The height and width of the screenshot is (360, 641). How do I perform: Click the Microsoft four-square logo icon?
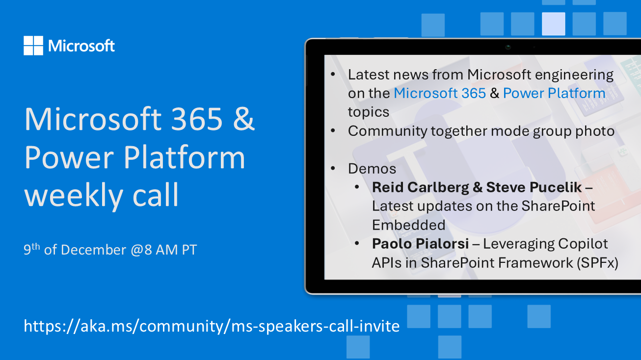33,46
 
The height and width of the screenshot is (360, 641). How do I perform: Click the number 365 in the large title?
197,119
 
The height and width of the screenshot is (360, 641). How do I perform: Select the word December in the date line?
93,250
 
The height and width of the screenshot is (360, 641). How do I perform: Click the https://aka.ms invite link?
212,326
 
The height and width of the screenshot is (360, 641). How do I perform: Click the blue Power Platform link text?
554,93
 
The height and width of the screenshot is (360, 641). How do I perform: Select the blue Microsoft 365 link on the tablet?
440,93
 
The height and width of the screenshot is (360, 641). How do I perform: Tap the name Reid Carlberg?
420,187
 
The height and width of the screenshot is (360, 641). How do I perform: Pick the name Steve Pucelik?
534,187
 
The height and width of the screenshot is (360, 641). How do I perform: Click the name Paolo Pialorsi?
420,244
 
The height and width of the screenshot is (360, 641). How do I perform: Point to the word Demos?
372,169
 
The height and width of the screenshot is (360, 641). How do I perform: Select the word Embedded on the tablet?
409,225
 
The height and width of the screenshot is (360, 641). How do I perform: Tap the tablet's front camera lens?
508,47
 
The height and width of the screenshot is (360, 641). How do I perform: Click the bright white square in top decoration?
554,24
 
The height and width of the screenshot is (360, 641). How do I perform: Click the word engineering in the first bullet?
574,75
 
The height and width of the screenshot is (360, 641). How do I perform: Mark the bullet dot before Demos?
333,168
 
